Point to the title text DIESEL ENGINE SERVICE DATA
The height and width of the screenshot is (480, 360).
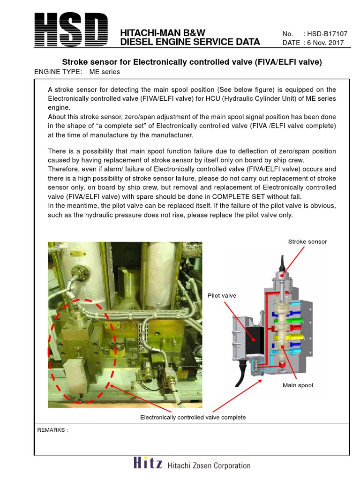(x=190, y=42)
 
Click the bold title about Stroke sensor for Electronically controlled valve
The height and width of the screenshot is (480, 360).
(x=192, y=62)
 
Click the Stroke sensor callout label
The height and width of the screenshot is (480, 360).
(x=307, y=241)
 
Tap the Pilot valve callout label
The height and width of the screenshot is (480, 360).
(x=222, y=295)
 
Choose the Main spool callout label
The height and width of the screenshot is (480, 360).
(x=298, y=385)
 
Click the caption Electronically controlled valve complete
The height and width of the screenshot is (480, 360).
(x=193, y=417)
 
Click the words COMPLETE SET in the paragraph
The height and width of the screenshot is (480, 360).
(x=251, y=196)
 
